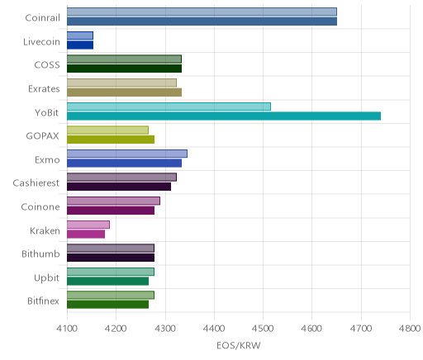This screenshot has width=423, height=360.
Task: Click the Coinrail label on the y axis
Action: pos(42,18)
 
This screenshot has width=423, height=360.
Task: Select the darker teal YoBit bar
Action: pos(224,116)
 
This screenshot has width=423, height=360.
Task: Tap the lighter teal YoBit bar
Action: pos(169,107)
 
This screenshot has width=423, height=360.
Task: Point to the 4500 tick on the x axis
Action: pos(263,328)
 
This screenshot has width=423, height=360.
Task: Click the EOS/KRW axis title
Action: pos(239,345)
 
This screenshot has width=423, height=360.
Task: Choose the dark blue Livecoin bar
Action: pos(80,45)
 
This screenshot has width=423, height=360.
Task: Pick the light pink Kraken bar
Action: pos(88,225)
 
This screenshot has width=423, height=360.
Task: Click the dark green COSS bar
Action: pos(124,69)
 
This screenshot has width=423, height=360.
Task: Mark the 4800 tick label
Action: pos(410,328)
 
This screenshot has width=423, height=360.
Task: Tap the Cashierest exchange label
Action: pos(36,183)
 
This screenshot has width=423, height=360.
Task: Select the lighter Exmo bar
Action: pos(127,154)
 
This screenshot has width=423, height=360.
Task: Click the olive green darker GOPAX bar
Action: pos(111,140)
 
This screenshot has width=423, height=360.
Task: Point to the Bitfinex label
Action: pos(43,301)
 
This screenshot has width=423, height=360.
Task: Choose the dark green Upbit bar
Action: pos(107,282)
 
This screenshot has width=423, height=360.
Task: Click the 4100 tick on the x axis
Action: pos(67,328)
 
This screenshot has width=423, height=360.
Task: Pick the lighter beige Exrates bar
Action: pos(121,83)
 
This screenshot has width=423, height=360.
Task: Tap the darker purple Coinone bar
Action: pos(111,211)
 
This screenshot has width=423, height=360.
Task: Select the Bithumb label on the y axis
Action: pos(40,253)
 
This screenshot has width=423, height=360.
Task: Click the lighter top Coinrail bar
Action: pos(202,12)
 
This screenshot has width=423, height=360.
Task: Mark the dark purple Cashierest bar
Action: pos(119,187)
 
